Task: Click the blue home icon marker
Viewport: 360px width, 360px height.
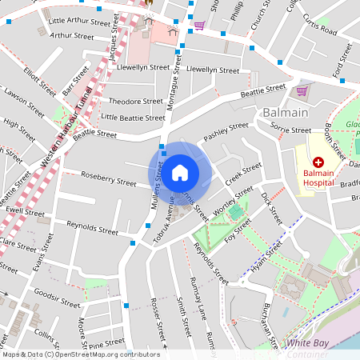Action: [180, 172]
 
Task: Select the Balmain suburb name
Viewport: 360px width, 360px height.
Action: [286, 114]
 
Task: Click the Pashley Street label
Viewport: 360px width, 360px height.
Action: [226, 131]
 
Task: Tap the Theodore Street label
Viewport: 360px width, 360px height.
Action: [135, 102]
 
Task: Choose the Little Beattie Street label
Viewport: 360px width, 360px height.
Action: [133, 118]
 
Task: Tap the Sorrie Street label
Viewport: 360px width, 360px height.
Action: [290, 129]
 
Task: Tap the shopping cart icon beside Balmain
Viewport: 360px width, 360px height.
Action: [302, 90]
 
